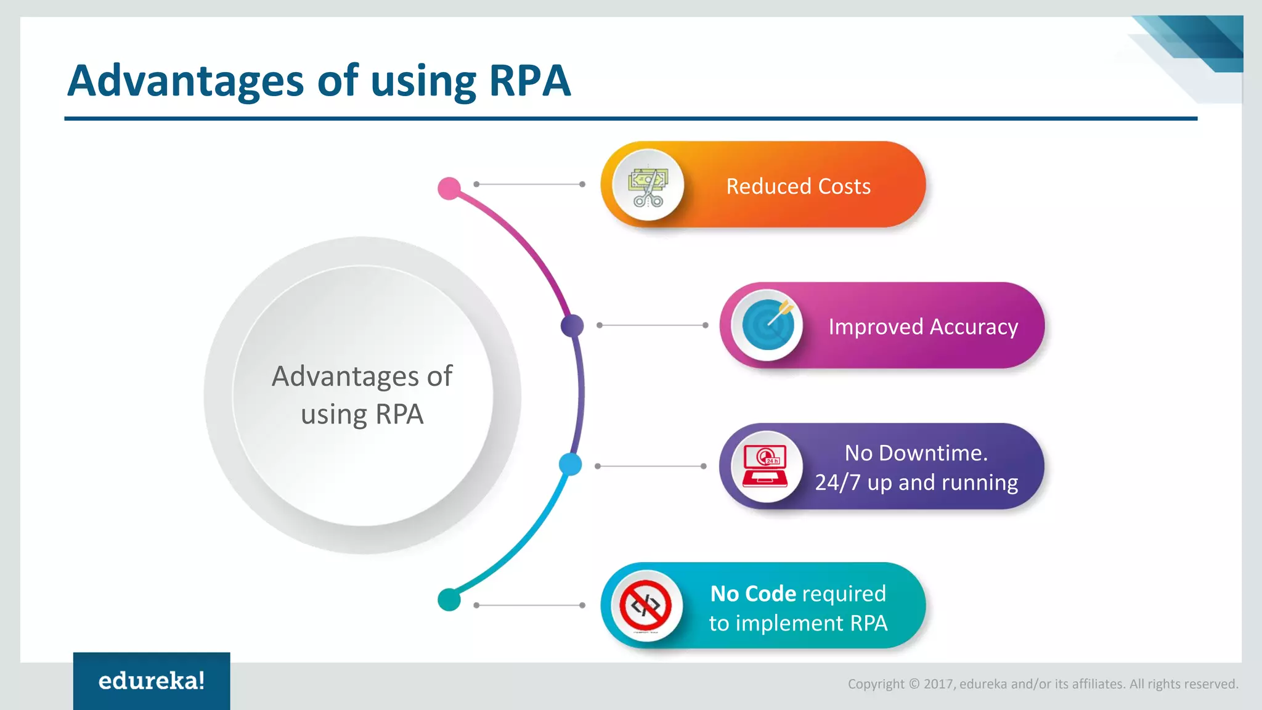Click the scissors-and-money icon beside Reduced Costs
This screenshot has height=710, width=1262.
coord(648,186)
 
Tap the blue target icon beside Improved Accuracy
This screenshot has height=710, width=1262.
coord(767,325)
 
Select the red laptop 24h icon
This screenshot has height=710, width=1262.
coord(766,467)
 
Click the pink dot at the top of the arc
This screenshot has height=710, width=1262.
coord(449,188)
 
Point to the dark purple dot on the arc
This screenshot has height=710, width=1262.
coord(572,325)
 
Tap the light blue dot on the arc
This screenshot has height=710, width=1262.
coord(570,464)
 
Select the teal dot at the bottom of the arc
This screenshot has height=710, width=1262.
coord(449,599)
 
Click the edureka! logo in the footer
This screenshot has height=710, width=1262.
coord(152,680)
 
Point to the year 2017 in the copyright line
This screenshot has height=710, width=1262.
coord(938,684)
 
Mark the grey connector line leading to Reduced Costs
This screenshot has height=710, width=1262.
coord(529,184)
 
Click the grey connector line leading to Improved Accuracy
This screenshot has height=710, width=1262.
coord(652,325)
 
